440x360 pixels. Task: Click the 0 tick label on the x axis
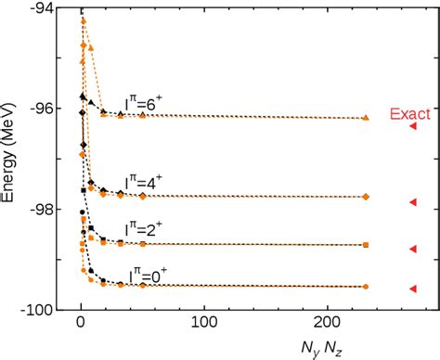tap(81, 328)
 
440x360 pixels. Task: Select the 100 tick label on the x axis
tap(203, 328)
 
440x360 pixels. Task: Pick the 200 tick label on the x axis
tap(326, 328)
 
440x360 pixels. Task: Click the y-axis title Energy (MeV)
tap(13, 159)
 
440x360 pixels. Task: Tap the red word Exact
tap(408, 114)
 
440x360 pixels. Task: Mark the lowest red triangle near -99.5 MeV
tap(413, 289)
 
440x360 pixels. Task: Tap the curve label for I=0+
tap(152, 276)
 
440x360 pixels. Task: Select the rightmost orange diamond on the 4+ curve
tap(366, 197)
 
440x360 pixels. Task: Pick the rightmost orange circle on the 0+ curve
tap(366, 287)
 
